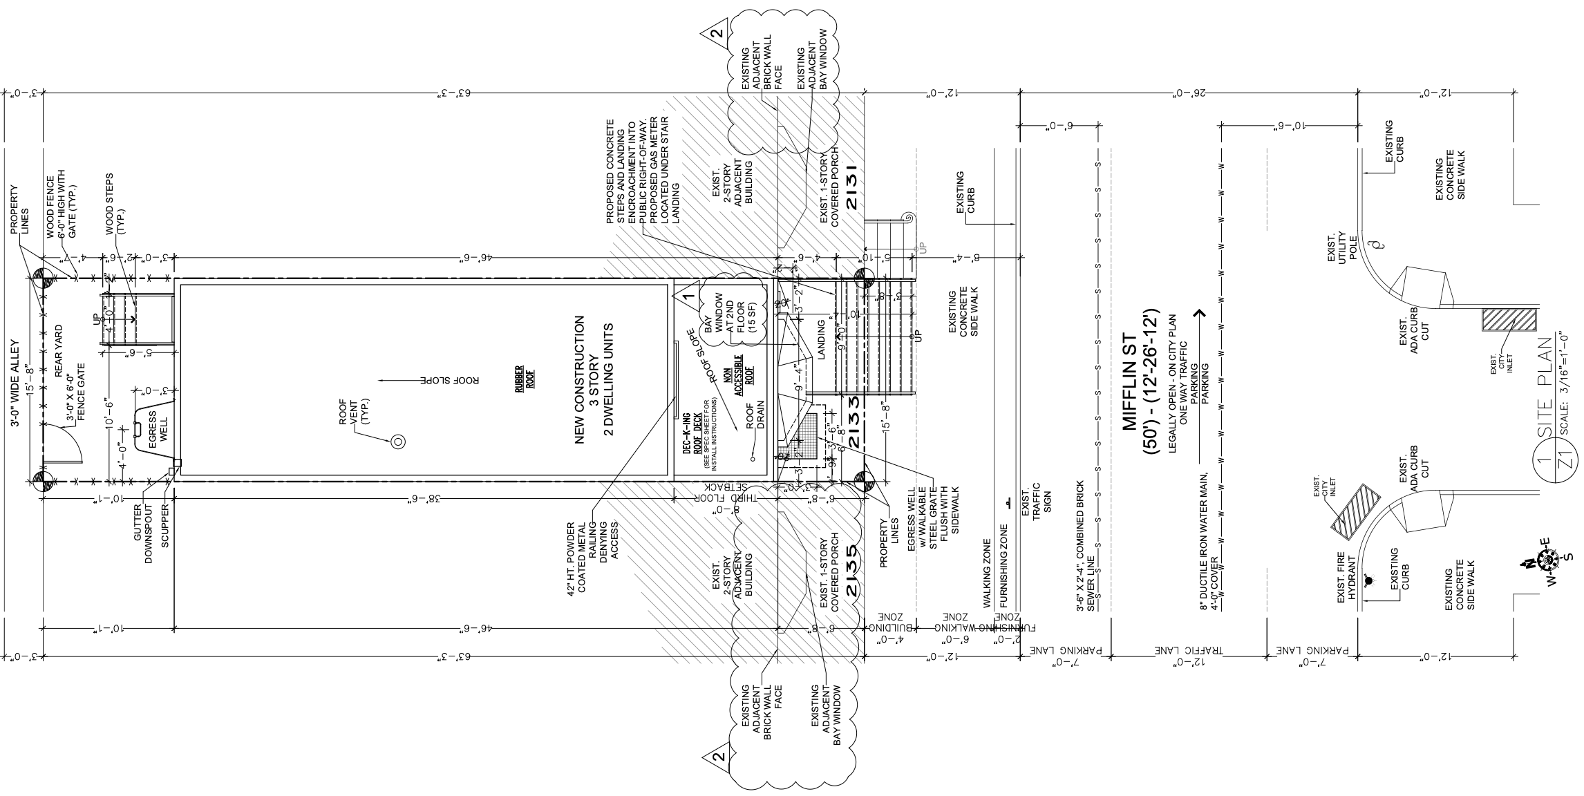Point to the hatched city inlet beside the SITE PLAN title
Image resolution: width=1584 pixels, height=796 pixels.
pos(1509,319)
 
